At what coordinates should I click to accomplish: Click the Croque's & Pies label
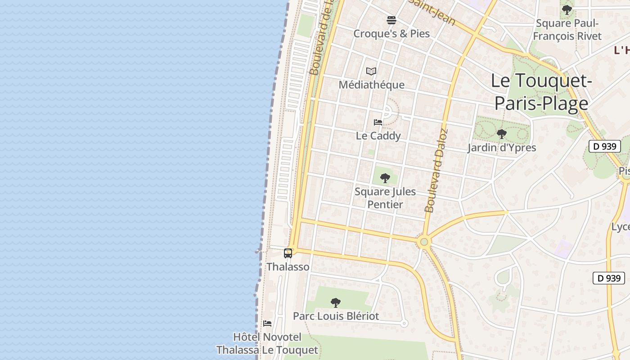[x=391, y=34]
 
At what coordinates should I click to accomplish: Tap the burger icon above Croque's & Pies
[x=391, y=20]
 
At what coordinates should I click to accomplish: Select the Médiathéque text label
[x=371, y=85]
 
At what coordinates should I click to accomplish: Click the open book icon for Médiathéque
[x=371, y=71]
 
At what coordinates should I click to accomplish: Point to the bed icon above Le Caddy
[x=378, y=122]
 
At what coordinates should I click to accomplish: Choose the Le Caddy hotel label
[x=378, y=135]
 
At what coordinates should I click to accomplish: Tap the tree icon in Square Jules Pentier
[x=385, y=178]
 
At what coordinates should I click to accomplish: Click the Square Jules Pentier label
[x=385, y=198]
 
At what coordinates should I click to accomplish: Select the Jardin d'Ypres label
[x=501, y=148]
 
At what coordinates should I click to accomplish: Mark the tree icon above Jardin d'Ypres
[x=501, y=134]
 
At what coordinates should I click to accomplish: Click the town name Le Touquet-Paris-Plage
[x=541, y=92]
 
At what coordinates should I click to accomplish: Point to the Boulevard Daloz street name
[x=436, y=171]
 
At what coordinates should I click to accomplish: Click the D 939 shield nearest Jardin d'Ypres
[x=604, y=146]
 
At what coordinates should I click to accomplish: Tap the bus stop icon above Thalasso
[x=288, y=253]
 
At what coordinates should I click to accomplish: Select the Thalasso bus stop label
[x=288, y=267]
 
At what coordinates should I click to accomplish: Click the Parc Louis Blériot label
[x=336, y=316]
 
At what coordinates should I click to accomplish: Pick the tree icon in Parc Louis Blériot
[x=335, y=302]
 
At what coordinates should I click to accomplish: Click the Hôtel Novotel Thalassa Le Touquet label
[x=267, y=343]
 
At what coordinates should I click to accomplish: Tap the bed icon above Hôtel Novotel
[x=267, y=323]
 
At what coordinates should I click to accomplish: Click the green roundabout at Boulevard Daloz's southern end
[x=423, y=242]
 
